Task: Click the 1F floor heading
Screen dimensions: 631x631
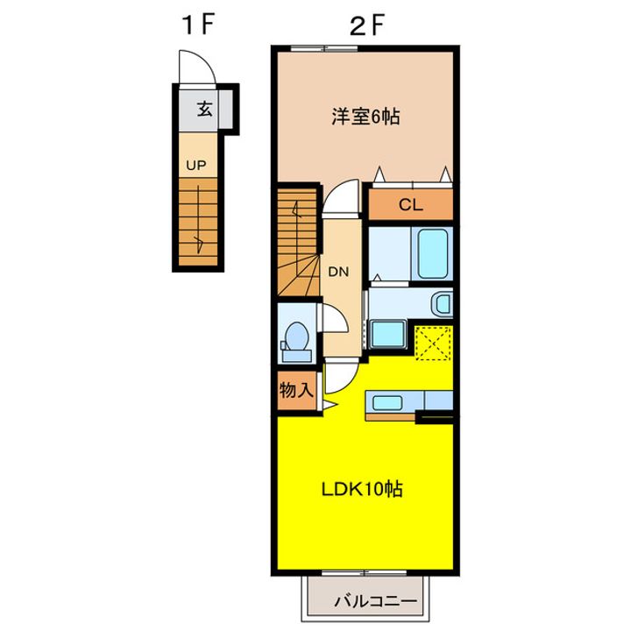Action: pyautogui.click(x=197, y=25)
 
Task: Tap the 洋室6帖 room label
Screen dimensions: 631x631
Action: pyautogui.click(x=365, y=117)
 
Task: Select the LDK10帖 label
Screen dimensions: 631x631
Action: pyautogui.click(x=362, y=489)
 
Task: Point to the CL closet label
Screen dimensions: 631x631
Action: pyautogui.click(x=411, y=205)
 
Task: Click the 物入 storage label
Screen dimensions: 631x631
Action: pyautogui.click(x=296, y=389)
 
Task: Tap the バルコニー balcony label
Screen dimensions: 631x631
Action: pyautogui.click(x=375, y=601)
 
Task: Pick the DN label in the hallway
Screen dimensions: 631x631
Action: pyautogui.click(x=338, y=272)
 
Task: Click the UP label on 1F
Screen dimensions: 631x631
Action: pyautogui.click(x=196, y=166)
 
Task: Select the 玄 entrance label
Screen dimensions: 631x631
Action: pyautogui.click(x=205, y=109)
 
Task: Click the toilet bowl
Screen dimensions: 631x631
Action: pyautogui.click(x=296, y=336)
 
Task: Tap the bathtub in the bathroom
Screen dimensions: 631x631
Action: pyautogui.click(x=433, y=254)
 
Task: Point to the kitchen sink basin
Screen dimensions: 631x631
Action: pyautogui.click(x=387, y=402)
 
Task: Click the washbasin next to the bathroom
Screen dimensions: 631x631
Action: pyautogui.click(x=442, y=304)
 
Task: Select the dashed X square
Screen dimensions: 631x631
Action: pyautogui.click(x=433, y=344)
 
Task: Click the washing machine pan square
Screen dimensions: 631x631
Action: pyautogui.click(x=387, y=334)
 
